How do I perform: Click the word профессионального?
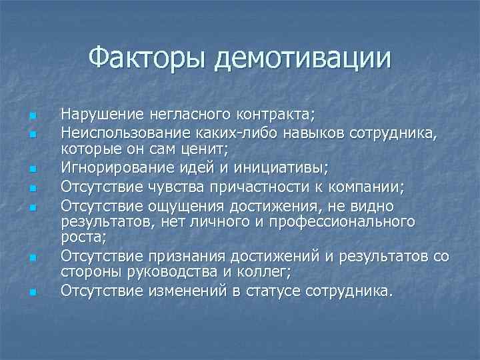point(347,221)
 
